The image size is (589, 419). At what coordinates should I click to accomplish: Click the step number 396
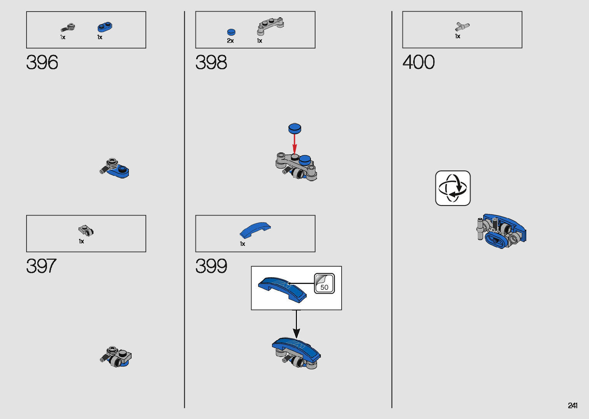42,62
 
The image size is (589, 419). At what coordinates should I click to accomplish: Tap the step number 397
41,266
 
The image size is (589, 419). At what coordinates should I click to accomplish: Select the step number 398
211,62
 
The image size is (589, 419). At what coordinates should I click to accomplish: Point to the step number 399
211,266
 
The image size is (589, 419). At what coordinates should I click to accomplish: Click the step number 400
419,62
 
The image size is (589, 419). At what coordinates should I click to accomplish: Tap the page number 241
572,406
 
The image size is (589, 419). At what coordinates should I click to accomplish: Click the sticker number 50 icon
324,284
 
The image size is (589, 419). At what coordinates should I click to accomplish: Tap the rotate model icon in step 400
453,188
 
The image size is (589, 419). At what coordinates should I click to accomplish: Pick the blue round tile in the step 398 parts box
231,32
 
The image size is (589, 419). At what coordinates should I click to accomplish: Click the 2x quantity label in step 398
230,41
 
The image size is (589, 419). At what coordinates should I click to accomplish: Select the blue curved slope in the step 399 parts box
255,230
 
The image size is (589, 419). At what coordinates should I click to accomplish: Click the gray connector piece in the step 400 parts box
462,27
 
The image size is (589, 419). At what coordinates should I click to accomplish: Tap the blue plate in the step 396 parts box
105,27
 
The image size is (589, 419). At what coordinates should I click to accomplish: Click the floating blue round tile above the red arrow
295,128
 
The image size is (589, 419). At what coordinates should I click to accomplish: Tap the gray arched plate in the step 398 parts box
270,26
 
